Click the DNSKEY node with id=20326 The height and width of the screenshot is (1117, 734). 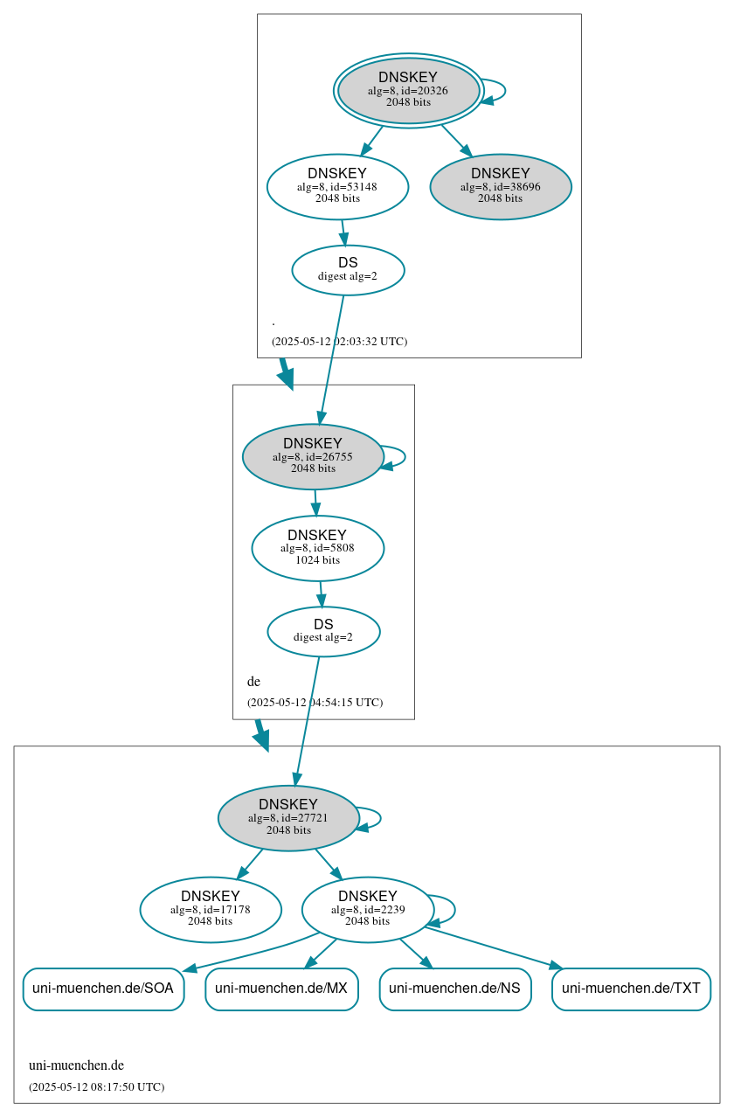click(x=408, y=90)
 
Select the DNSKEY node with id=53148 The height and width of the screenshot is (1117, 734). click(x=337, y=186)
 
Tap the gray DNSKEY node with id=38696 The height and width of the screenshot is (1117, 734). click(x=500, y=186)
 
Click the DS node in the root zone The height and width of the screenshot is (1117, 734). click(x=348, y=270)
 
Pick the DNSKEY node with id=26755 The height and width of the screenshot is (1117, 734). click(x=313, y=456)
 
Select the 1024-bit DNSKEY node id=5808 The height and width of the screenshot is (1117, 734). click(x=317, y=548)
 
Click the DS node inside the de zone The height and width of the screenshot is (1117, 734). click(x=323, y=631)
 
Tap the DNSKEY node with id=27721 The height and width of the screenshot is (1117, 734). click(x=288, y=817)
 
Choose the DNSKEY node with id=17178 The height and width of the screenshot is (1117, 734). click(x=211, y=909)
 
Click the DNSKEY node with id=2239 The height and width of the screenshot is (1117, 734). click(x=368, y=909)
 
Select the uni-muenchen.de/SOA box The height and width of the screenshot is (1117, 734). click(x=103, y=989)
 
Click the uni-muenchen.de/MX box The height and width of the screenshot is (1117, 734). click(x=281, y=989)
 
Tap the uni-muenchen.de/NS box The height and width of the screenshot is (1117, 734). click(x=454, y=989)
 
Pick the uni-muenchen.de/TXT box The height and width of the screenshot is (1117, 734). click(x=631, y=989)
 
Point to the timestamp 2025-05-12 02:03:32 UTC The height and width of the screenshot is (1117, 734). click(x=339, y=341)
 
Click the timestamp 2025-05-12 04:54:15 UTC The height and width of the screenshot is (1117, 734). click(x=315, y=702)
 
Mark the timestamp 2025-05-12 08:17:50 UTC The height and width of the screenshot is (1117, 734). click(x=96, y=1086)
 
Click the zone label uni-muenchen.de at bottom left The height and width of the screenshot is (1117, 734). click(x=76, y=1065)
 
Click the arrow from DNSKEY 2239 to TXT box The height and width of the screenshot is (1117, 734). click(x=494, y=947)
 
